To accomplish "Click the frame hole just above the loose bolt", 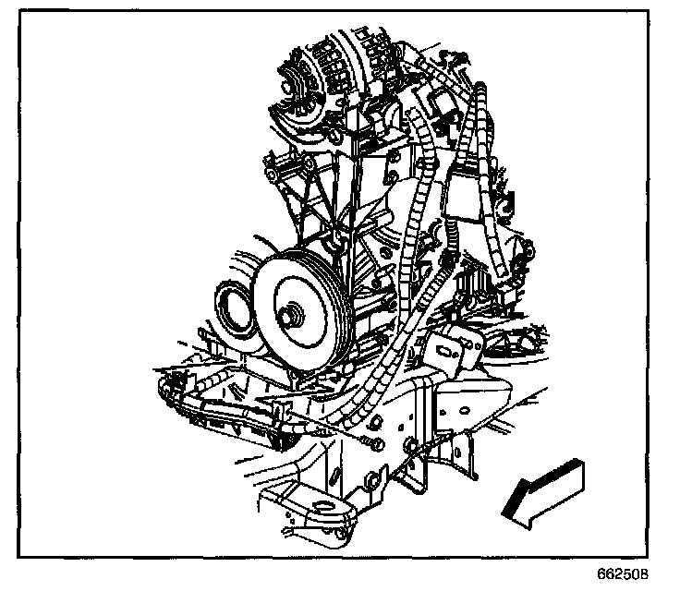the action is point(378,422).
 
